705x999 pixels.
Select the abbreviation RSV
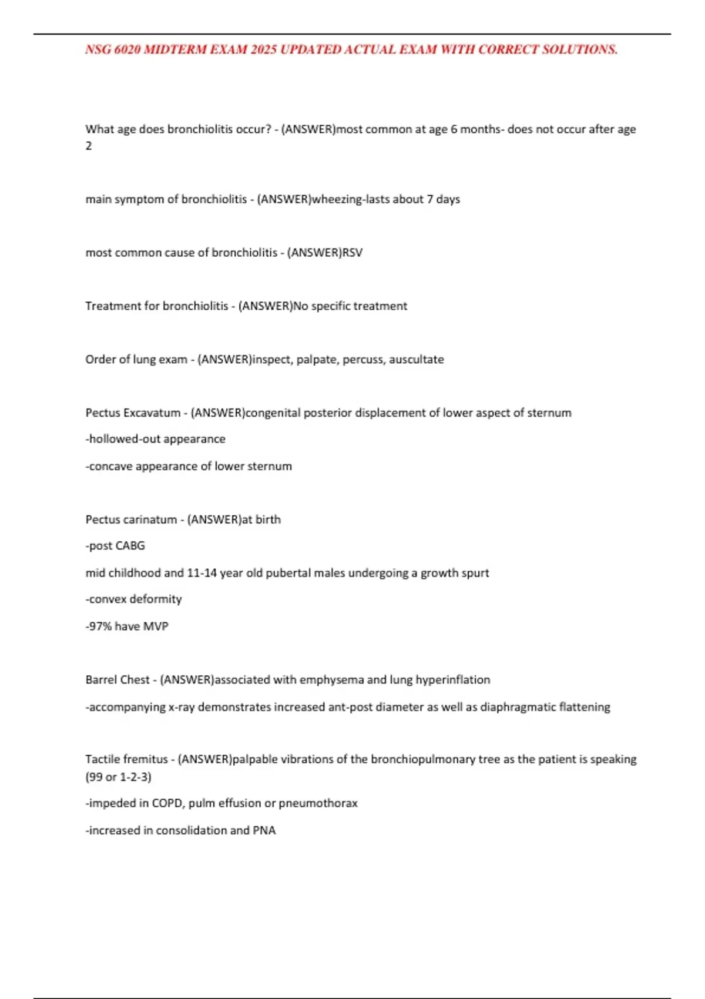(x=352, y=253)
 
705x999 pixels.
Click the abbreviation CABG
(x=130, y=546)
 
